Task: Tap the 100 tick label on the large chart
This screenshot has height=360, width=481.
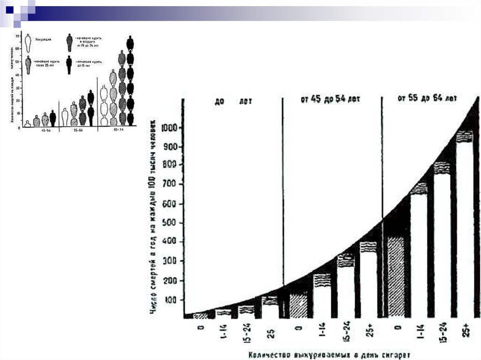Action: point(173,300)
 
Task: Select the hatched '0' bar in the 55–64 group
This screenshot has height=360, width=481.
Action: point(396,277)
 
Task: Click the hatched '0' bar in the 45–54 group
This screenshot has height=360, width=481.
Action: point(298,306)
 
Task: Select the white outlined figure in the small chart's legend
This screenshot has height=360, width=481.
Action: point(28,43)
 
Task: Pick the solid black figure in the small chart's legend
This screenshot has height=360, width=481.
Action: point(69,64)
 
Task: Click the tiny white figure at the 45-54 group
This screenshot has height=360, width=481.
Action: point(28,124)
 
